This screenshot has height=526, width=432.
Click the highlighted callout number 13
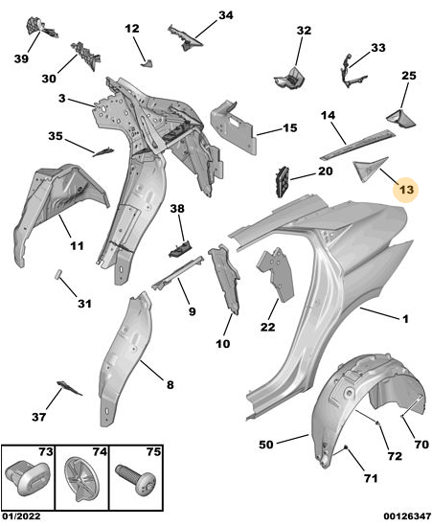pyautogui.click(x=406, y=190)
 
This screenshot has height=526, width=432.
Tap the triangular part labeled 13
pyautogui.click(x=367, y=168)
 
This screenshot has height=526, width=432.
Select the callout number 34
pyautogui.click(x=226, y=15)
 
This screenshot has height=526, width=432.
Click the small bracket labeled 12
pyautogui.click(x=147, y=63)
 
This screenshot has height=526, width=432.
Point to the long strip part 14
pyautogui.click(x=357, y=145)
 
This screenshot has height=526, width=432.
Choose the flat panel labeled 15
pyautogui.click(x=233, y=127)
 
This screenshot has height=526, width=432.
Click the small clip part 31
pyautogui.click(x=58, y=274)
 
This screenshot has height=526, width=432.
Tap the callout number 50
pyautogui.click(x=266, y=445)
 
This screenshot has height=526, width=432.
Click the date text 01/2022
pyautogui.click(x=21, y=515)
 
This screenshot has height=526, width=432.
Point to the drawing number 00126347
pyautogui.click(x=407, y=515)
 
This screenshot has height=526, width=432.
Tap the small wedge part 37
pyautogui.click(x=69, y=388)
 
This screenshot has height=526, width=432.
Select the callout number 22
pyautogui.click(x=267, y=327)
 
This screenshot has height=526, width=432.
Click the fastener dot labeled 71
pyautogui.click(x=345, y=446)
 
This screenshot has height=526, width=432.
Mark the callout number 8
pyautogui.click(x=171, y=384)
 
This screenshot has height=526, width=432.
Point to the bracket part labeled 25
pyautogui.click(x=401, y=118)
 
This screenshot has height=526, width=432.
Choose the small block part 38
pyautogui.click(x=180, y=248)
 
